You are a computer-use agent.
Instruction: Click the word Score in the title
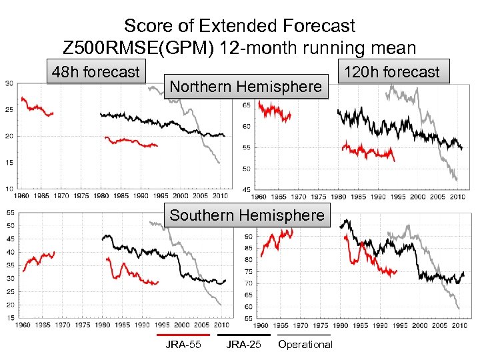pos(149,26)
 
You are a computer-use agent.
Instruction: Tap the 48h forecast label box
pos(96,71)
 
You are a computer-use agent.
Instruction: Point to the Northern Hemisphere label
pos(246,86)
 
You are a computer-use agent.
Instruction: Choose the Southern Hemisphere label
pos(247,215)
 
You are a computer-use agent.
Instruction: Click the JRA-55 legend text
pos(183,345)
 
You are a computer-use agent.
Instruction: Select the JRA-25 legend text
pos(243,345)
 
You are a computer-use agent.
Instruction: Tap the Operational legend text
pos(305,345)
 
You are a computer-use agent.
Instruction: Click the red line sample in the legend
pos(183,335)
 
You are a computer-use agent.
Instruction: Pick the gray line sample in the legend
pos(305,335)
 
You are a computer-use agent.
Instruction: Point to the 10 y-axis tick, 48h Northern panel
pos(9,189)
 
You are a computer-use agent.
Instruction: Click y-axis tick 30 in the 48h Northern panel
pos(9,83)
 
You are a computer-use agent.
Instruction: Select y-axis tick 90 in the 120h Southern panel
pos(248,237)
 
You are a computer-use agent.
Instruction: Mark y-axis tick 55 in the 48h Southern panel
pos(9,212)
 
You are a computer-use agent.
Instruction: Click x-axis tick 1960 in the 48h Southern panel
pos(23,325)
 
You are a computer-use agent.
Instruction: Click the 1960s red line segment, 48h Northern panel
pos(37,108)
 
